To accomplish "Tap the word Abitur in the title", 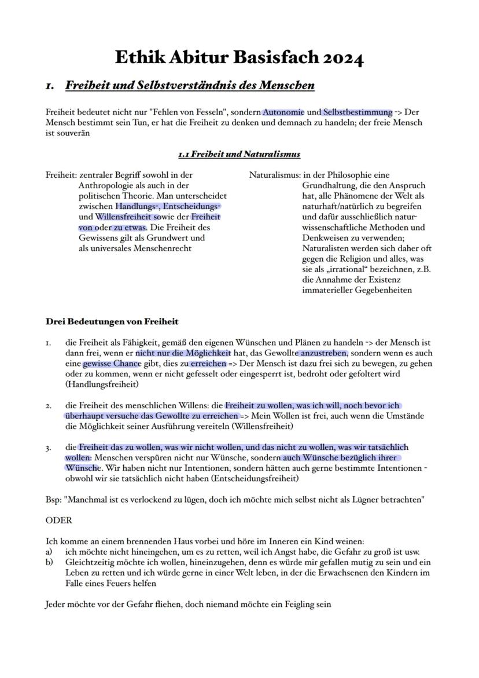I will click(200, 58).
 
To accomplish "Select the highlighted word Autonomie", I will click(283, 112).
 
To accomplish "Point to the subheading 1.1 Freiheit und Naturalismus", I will click(239, 154).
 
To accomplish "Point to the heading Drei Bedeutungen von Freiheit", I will click(112, 321).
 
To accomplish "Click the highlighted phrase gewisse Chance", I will click(112, 364).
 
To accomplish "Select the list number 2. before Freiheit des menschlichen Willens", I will click(49, 406).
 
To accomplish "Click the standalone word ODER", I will click(58, 521).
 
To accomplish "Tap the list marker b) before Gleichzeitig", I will click(49, 562).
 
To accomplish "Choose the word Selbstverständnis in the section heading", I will click(193, 86).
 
